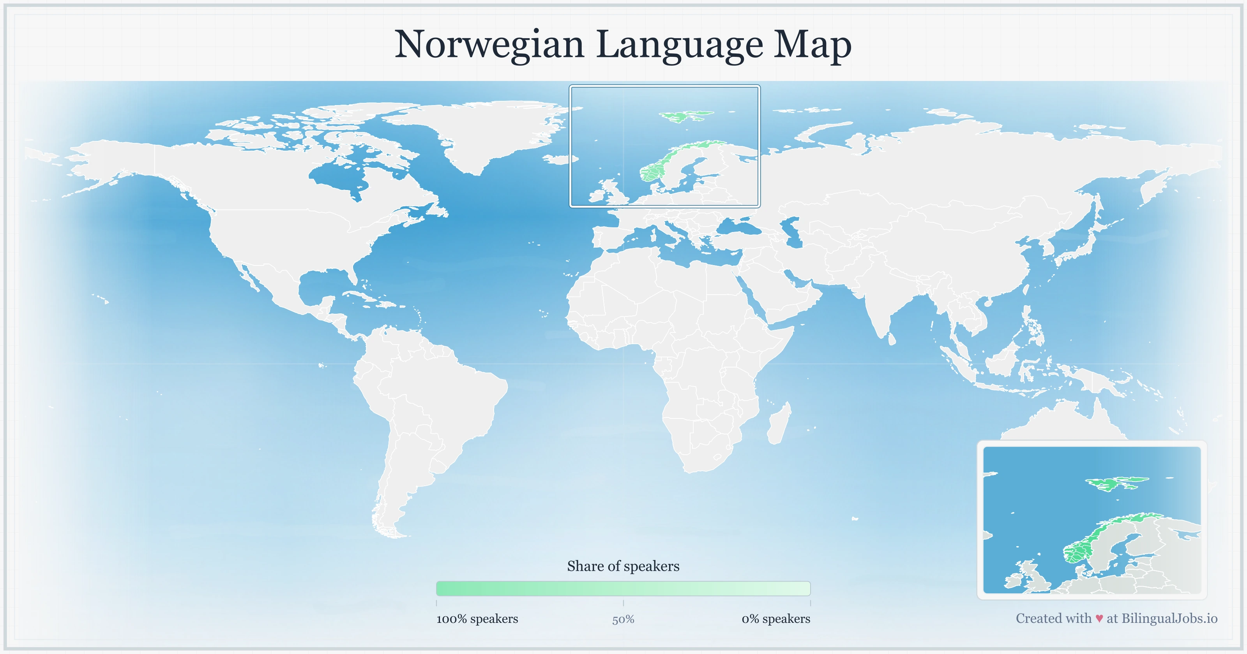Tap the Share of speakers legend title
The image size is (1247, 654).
tap(623, 566)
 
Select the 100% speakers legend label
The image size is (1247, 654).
tap(477, 619)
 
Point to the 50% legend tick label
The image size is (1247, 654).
tap(623, 620)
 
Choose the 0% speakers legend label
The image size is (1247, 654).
tap(775, 619)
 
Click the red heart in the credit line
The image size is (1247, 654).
tap(1099, 619)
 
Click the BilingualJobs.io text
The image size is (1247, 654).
tap(1169, 619)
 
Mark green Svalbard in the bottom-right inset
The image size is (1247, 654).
tap(1113, 483)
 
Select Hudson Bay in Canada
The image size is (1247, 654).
tap(339, 177)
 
